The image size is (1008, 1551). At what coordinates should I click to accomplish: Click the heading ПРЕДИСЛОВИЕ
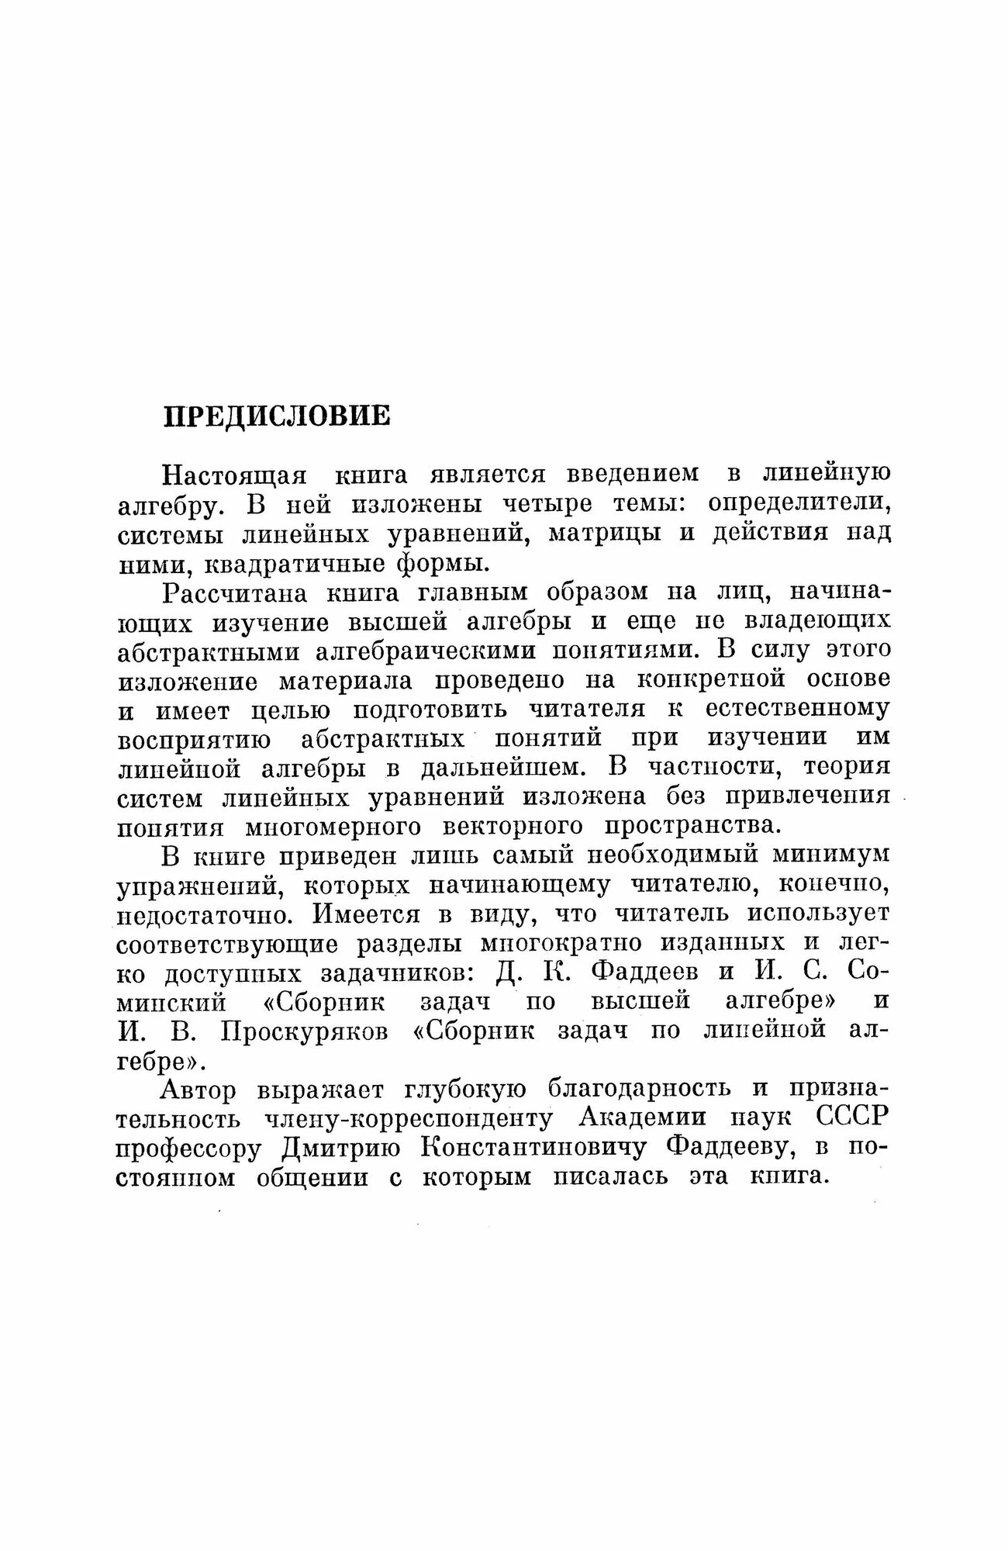click(x=278, y=416)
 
